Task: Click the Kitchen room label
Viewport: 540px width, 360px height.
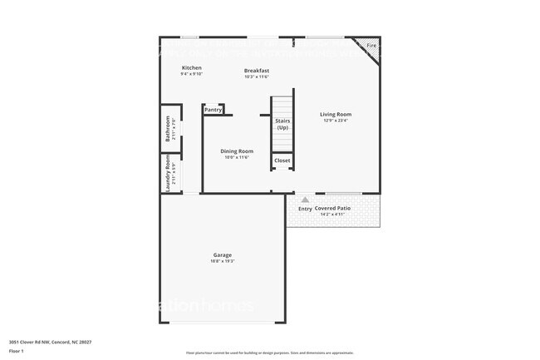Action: pos(192,67)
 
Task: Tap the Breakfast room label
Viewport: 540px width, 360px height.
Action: pos(256,71)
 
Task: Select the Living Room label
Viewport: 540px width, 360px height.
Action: pos(336,115)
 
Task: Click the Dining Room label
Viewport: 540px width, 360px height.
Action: pos(236,150)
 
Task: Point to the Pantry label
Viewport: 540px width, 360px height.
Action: pos(213,109)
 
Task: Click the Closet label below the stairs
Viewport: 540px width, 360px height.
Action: pos(282,160)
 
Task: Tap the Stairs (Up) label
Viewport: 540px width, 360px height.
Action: pos(282,124)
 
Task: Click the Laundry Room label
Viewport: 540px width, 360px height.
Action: pos(168,174)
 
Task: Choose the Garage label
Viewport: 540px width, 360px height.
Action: pos(222,255)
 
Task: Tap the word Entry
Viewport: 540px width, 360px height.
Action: pos(305,209)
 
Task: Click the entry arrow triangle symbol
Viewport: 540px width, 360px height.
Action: pos(305,200)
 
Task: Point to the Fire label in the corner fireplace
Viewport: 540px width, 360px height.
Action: pos(371,45)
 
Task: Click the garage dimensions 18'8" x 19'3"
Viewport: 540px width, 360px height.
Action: pos(222,262)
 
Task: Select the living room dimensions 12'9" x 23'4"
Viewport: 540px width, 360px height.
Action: pos(336,121)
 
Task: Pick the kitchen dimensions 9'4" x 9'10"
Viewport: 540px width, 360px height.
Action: pos(192,74)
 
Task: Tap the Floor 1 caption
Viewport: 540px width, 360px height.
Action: pos(17,351)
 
